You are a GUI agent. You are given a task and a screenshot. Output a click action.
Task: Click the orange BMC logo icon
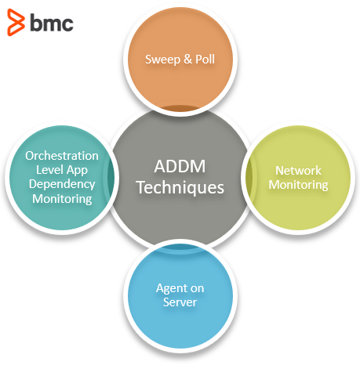(16, 22)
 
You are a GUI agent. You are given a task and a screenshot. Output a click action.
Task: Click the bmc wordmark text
(52, 23)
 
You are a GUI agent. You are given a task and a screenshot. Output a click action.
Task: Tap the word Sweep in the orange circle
(162, 60)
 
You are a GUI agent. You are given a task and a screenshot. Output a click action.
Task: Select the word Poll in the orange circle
(205, 59)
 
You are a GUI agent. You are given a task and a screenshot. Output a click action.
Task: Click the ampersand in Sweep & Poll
(187, 59)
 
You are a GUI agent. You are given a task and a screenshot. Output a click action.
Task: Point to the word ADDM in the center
(180, 166)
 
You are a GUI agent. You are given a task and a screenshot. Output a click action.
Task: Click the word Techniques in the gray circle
(180, 188)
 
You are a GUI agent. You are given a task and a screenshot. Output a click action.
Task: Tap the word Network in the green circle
(298, 171)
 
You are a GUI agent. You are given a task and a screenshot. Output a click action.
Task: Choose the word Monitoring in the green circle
(298, 185)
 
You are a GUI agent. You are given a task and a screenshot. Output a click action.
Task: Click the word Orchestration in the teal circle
(62, 156)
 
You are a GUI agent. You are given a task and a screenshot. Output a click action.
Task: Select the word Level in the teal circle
(49, 170)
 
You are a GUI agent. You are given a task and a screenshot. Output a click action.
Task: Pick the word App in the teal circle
(77, 171)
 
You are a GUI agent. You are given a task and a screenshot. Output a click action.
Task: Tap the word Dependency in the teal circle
(62, 184)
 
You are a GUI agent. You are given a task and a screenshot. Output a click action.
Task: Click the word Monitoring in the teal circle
(62, 199)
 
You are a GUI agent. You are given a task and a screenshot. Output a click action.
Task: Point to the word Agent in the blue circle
(171, 289)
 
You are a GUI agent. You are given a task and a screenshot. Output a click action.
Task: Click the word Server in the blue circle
(180, 302)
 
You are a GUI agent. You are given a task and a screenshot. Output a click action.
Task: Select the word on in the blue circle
(197, 288)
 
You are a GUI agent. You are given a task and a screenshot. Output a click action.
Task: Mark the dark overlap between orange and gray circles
(180, 107)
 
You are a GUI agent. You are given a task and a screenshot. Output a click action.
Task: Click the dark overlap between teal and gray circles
(111, 178)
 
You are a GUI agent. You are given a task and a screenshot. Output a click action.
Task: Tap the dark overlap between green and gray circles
(249, 178)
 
